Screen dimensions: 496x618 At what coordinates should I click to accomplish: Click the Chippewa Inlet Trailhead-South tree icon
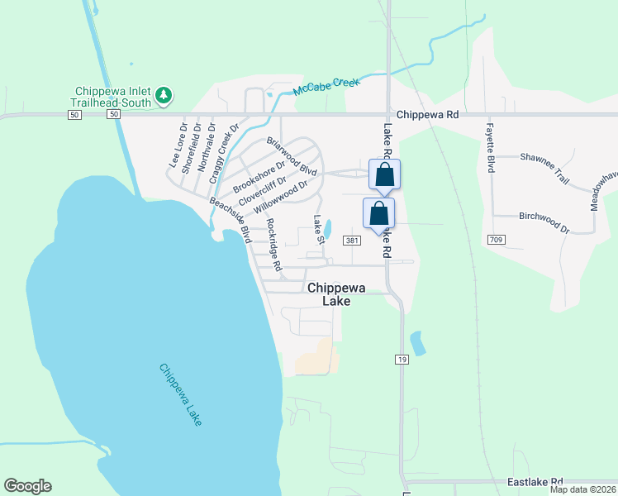[x=164, y=96]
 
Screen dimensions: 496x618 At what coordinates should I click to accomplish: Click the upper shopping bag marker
[x=384, y=174]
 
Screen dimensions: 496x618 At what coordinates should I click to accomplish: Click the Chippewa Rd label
[x=426, y=116]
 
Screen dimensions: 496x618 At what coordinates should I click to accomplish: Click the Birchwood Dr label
[x=544, y=220]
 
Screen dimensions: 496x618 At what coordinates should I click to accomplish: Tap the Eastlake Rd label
[x=535, y=481]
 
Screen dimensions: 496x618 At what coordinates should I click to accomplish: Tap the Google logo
[x=27, y=486]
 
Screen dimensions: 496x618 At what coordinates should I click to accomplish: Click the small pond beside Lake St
[x=329, y=227]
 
